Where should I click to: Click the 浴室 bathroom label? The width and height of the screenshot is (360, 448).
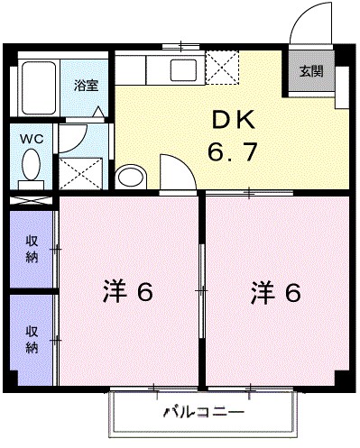coord(87,86)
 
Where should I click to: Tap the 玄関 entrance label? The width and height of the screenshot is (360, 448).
coord(310,71)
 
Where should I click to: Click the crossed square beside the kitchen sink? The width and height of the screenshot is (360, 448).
coord(221,67)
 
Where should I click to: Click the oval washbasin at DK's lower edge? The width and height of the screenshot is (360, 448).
coord(132,177)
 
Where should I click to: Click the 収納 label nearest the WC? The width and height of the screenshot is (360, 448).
coord(32,247)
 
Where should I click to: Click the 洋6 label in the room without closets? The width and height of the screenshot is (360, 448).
coord(276,294)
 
